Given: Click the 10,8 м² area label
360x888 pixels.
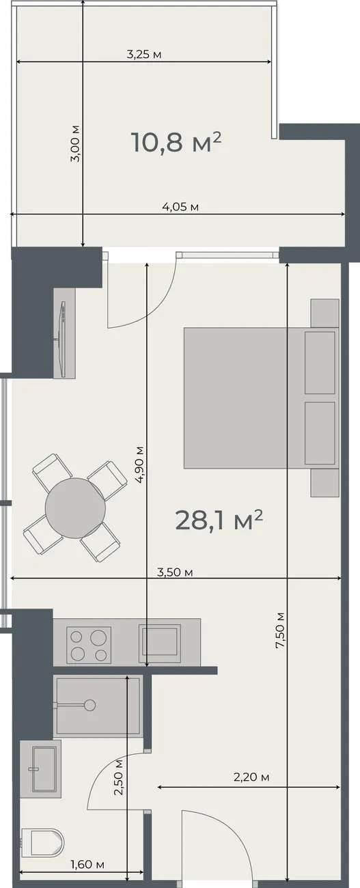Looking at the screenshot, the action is [x=176, y=142].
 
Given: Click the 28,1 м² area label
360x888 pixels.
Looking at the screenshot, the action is [x=219, y=521].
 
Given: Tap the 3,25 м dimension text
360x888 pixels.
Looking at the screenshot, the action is [x=144, y=55].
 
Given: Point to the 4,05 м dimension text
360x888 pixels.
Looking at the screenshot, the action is [x=180, y=206].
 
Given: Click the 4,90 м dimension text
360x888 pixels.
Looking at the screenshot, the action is [x=139, y=464].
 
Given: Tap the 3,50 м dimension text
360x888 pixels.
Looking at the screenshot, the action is [x=175, y=572].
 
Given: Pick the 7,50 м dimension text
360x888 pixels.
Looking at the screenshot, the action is [x=280, y=630].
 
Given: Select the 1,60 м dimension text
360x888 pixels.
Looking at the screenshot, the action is [x=87, y=865].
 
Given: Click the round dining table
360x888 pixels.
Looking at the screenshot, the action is [x=76, y=508].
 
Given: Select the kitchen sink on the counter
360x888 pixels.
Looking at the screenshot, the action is [x=159, y=643].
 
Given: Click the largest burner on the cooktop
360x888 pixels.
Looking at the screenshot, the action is [x=98, y=637].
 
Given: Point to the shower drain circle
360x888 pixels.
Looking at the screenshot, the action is [x=90, y=704].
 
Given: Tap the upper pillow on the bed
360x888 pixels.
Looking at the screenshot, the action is [x=320, y=363].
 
